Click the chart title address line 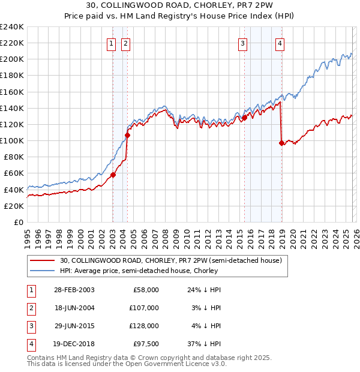tap(180, 7)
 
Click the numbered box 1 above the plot tap(112, 43)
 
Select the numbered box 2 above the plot tap(125, 43)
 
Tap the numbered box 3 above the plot tap(242, 43)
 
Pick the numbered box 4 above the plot tap(280, 43)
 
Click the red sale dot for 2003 tap(113, 175)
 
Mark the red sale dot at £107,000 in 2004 tap(127, 135)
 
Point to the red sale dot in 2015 tap(244, 118)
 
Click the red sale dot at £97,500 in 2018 tap(281, 143)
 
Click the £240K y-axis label tap(12, 27)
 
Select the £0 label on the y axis tap(18, 222)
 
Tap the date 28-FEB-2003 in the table tap(74, 290)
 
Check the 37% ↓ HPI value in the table tap(205, 344)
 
